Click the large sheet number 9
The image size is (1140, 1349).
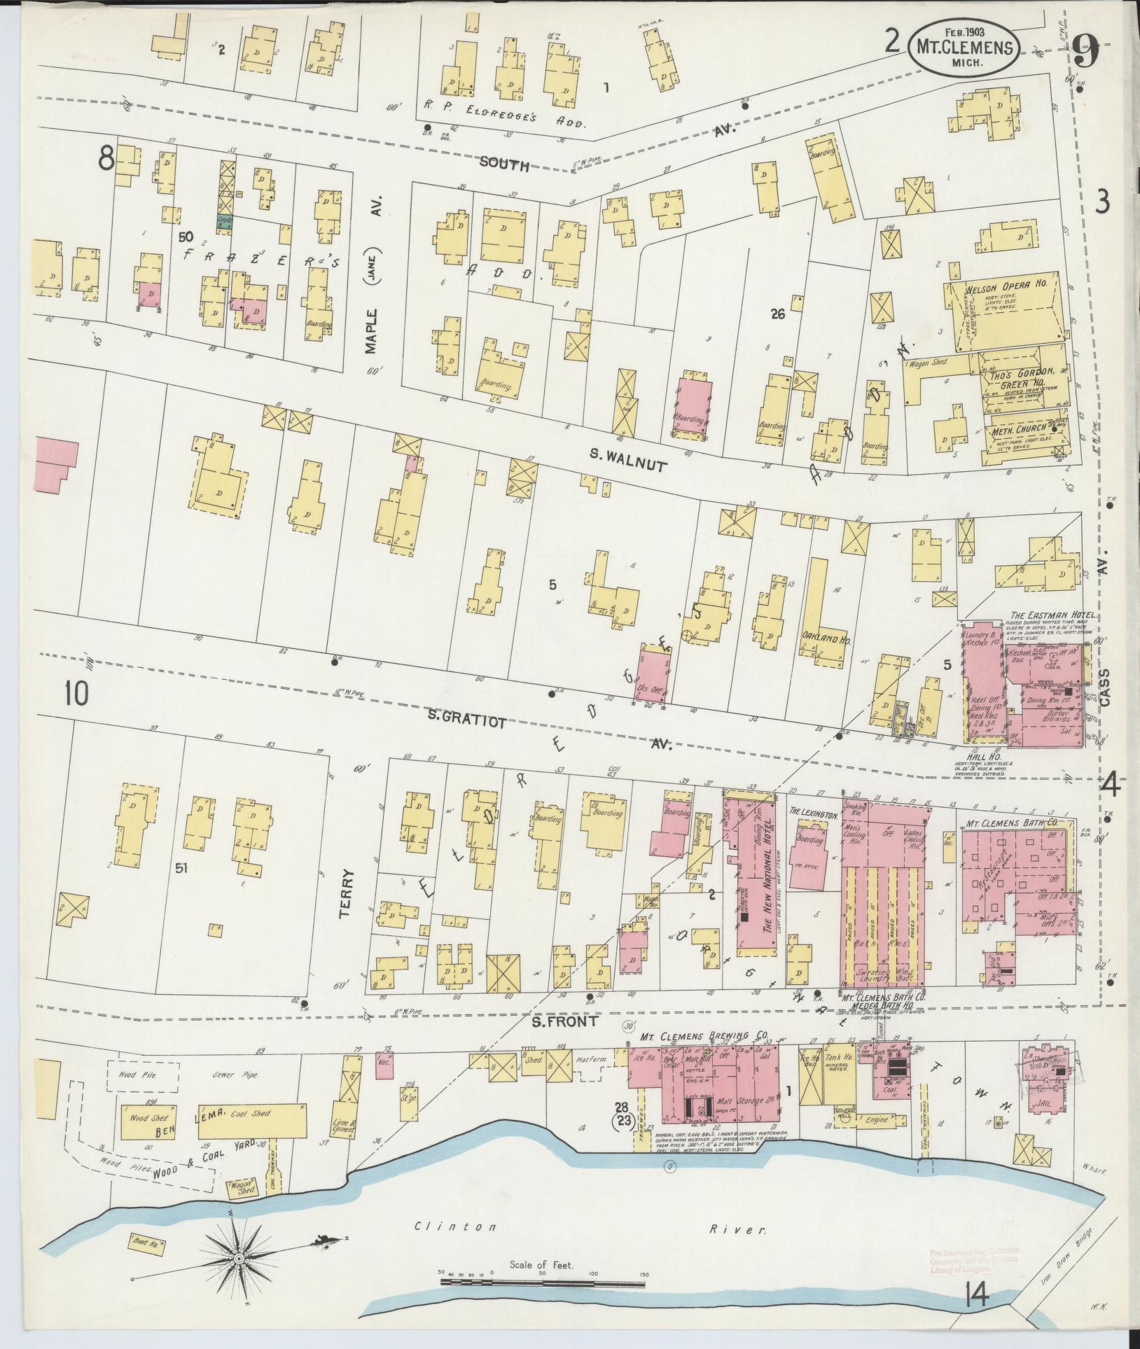[x=1086, y=51]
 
